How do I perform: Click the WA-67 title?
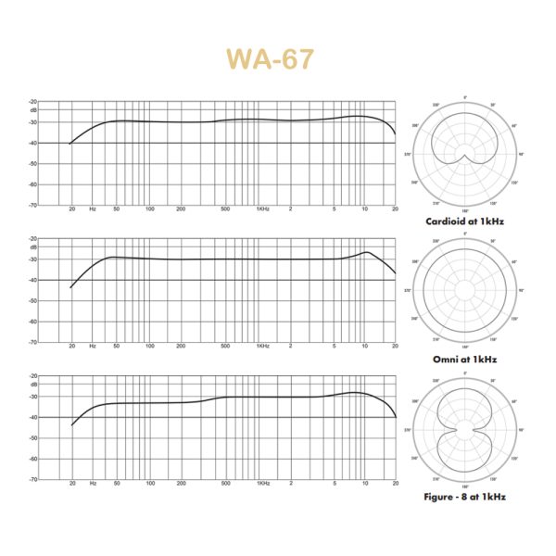271,57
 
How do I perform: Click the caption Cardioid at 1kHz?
465,221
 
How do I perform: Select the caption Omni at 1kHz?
465,359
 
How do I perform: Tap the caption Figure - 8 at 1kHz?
465,496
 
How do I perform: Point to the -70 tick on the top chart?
33,205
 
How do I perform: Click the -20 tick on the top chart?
33,101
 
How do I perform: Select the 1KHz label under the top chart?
263,209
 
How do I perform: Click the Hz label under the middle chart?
93,347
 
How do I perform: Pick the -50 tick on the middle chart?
33,301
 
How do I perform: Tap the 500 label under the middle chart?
225,347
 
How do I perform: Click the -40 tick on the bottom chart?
33,417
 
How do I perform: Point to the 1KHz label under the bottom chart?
263,484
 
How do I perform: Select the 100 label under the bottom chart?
149,484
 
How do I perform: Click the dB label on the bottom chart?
34,384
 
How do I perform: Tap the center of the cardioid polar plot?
465,154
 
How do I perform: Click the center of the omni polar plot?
465,291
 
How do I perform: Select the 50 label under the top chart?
116,209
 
